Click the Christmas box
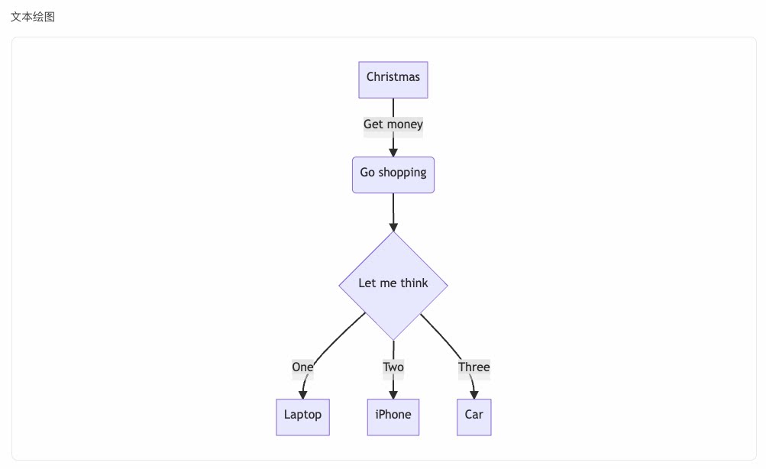pos(393,79)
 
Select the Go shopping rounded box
pos(393,175)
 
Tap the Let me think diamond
pos(393,286)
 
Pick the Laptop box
pos(303,417)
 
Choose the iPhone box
pos(393,417)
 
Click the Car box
pos(473,417)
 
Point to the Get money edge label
pos(393,124)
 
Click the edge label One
pos(302,367)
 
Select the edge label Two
pos(393,367)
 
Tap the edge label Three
pos(473,367)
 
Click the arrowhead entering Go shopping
pos(393,153)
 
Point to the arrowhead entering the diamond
pos(393,227)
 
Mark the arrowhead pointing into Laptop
pos(303,395)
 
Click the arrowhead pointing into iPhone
pos(393,395)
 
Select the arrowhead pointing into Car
pos(473,395)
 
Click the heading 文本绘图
pos(33,17)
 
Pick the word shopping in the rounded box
pos(402,173)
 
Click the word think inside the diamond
pos(414,283)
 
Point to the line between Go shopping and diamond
pos(393,210)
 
